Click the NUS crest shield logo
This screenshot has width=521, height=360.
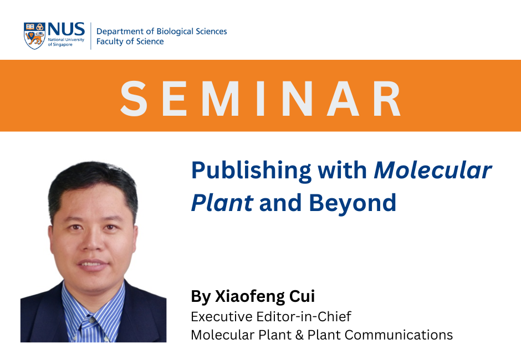click(34, 35)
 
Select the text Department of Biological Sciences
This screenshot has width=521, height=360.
click(161, 31)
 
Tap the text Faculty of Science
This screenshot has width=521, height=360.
click(130, 42)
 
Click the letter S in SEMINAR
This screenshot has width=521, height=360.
click(135, 99)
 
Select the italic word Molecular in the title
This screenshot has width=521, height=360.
click(432, 170)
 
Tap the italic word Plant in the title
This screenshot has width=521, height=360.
click(222, 203)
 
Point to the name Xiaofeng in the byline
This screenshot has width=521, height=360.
click(248, 296)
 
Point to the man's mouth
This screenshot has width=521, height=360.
click(94, 264)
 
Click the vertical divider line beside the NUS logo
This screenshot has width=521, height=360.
click(91, 36)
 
